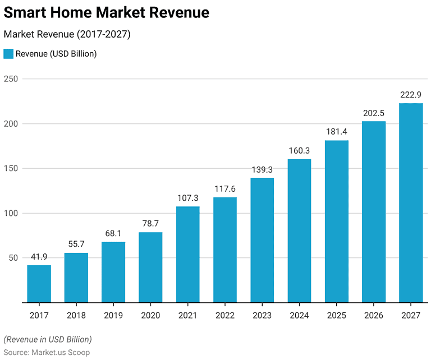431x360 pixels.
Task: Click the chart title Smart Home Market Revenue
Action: coord(107,13)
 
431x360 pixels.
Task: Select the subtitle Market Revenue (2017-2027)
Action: coord(67,34)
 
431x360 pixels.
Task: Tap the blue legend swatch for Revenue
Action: coord(8,54)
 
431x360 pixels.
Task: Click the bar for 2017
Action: coord(39,284)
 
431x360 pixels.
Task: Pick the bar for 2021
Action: coord(187,255)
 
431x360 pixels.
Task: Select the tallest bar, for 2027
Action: coord(411,203)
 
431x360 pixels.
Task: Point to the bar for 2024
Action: coord(299,231)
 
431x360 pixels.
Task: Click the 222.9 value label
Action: coord(411,95)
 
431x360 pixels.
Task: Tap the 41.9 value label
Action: coord(39,257)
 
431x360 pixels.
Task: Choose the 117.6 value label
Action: coord(225,189)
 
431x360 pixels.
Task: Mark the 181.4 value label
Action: coord(337,132)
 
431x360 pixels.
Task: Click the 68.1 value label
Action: coord(113,233)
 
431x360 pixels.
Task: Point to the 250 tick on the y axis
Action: coord(11,79)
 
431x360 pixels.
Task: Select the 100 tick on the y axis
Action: coord(11,213)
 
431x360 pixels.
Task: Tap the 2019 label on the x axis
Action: coord(113,316)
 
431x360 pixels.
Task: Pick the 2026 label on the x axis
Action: coord(374,316)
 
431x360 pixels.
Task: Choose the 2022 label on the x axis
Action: coord(225,316)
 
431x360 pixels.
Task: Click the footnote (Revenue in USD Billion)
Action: coord(48,339)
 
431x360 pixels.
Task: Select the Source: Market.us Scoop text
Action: coord(47,352)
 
